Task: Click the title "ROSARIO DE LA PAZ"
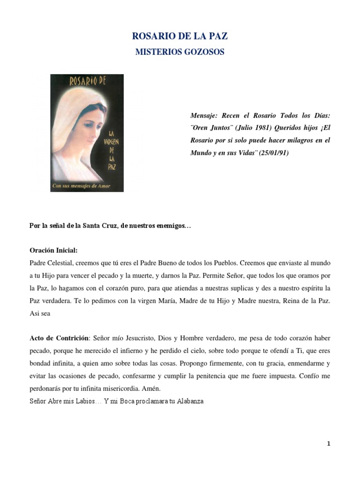180,37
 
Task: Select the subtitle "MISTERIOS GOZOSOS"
180,52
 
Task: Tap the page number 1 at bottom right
329,444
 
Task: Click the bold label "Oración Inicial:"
53,250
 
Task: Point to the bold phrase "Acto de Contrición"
59,337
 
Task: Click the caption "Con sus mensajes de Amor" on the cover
81,186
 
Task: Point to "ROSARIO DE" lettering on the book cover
88,82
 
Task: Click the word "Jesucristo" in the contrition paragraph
132,337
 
